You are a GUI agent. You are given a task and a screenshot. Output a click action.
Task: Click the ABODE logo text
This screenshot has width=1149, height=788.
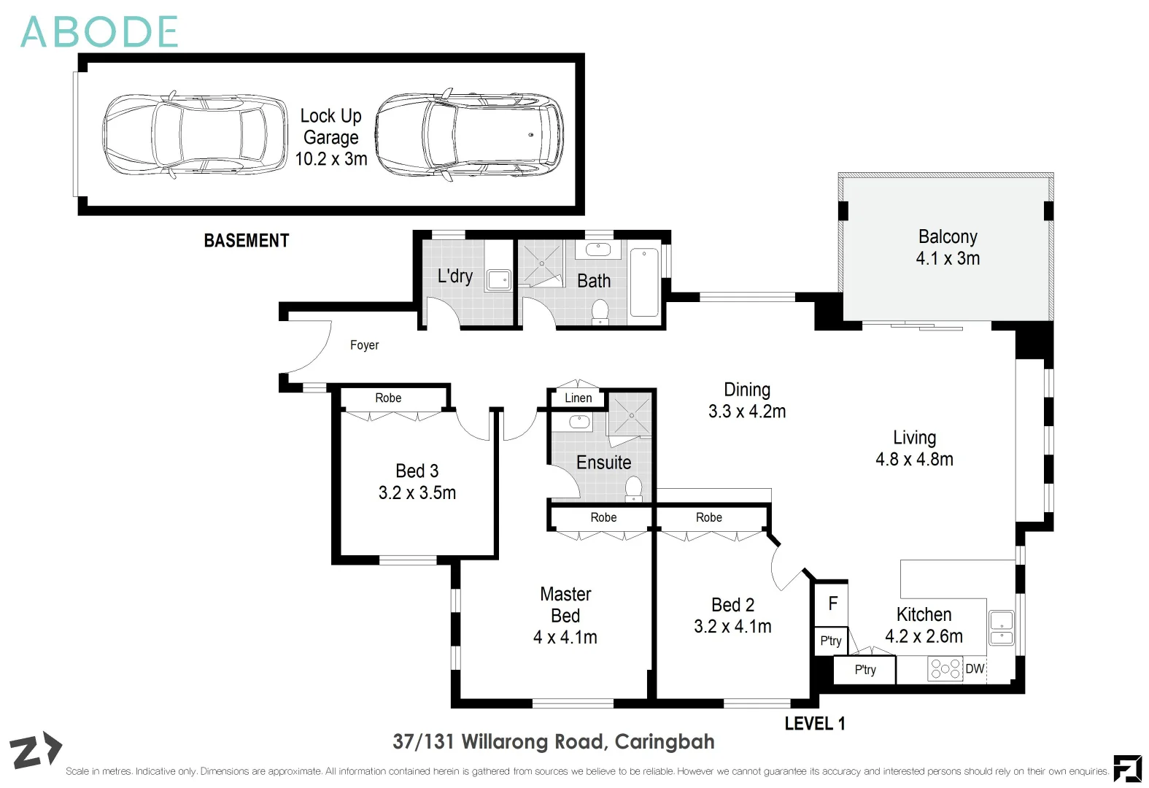pos(99,32)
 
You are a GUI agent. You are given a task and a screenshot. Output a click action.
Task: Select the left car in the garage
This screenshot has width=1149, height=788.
pos(195,135)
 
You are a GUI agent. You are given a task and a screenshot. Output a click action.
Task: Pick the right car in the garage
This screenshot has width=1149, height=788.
pos(469,135)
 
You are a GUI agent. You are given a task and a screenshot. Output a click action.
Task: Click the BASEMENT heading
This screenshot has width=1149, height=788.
pos(247,241)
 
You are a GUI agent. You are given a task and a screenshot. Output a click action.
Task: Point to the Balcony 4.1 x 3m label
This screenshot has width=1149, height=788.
pos(948,247)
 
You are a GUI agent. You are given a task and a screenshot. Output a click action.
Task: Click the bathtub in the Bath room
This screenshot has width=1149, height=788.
pos(644,282)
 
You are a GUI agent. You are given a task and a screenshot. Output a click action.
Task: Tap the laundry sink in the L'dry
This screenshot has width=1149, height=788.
pos(498,280)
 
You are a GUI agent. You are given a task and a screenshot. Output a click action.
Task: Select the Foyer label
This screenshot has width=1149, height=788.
pos(364,344)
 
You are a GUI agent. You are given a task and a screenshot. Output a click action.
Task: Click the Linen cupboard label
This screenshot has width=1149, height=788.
pos(578,398)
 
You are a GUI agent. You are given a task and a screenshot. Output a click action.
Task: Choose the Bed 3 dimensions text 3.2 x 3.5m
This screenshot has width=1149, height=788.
pos(417,492)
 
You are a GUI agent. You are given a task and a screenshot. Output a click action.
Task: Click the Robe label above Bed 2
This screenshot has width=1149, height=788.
pos(709,517)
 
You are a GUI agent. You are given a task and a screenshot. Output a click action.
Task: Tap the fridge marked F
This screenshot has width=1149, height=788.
pos(832,603)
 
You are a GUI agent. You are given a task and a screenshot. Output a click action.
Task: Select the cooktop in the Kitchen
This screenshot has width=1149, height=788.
pos(945,669)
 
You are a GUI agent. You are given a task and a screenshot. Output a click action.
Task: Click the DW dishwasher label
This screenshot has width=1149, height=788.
pos(975,668)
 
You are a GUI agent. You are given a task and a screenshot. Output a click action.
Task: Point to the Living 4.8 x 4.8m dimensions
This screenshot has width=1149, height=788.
pos(914,459)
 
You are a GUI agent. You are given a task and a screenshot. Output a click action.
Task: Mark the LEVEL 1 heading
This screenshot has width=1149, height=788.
pos(815,723)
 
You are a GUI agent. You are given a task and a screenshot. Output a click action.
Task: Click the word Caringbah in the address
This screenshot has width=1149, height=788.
pos(665,742)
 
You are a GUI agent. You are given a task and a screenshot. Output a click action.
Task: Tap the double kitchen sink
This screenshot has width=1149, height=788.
pos(1001,627)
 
